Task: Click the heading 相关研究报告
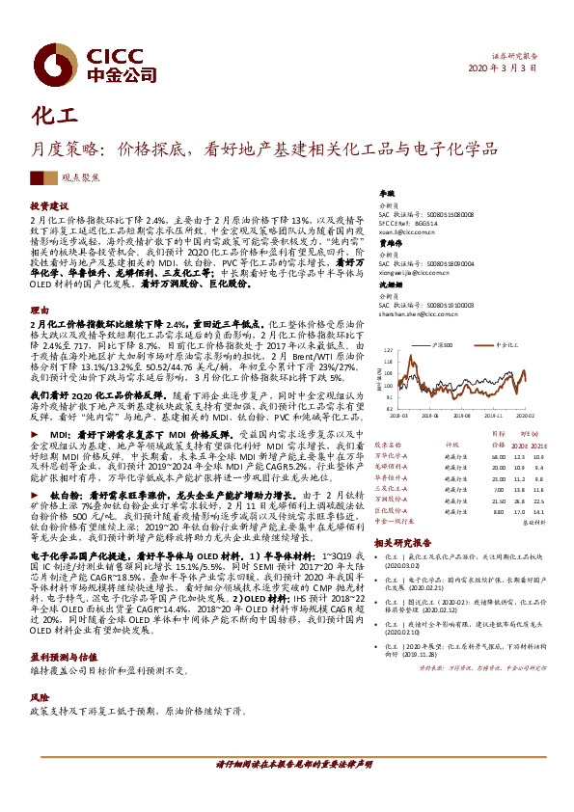click(406, 543)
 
